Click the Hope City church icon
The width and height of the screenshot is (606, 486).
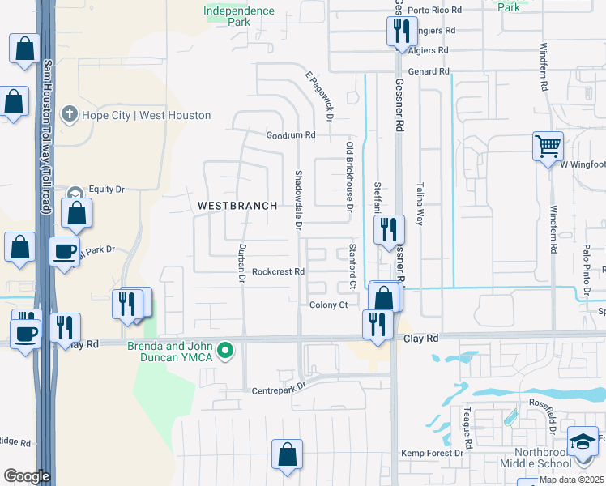[70, 114]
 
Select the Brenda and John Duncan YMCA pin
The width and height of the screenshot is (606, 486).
[228, 351]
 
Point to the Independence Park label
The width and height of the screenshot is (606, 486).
[239, 16]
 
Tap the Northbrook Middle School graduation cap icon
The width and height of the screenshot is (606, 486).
[583, 442]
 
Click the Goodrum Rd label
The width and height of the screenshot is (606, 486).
[291, 135]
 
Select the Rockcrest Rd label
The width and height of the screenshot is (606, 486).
[277, 272]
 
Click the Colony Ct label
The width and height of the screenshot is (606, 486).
[328, 305]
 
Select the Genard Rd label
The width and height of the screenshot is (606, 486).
[429, 71]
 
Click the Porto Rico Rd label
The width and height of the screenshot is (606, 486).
[434, 11]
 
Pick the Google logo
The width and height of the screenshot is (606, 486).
[27, 476]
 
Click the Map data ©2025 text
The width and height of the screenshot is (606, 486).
[571, 480]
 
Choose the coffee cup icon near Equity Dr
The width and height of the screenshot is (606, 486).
[64, 252]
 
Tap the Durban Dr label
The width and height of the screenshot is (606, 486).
[241, 263]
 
